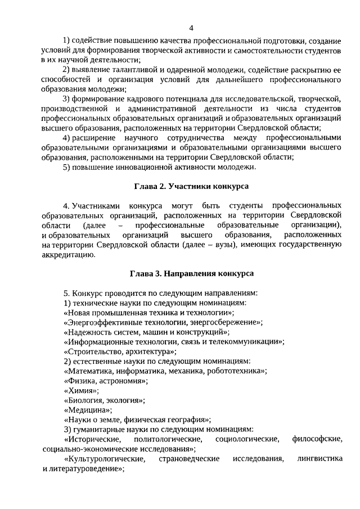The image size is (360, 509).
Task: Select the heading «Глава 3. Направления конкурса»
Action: (191, 273)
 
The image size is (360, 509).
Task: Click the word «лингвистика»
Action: (320, 459)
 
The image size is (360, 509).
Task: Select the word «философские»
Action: (317, 439)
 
